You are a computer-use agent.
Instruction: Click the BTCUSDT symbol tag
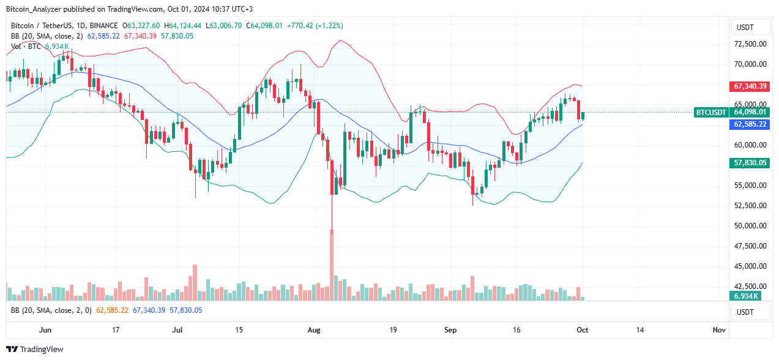coord(711,112)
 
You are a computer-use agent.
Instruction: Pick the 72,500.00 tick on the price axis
coord(751,44)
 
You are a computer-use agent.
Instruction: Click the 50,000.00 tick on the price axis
coord(751,226)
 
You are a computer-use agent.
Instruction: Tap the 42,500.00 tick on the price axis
coord(751,286)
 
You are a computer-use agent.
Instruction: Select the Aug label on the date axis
coord(314,330)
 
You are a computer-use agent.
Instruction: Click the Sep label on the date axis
coord(450,330)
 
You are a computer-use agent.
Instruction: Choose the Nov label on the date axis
coord(719,330)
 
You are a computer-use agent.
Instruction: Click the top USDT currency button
coord(751,28)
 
